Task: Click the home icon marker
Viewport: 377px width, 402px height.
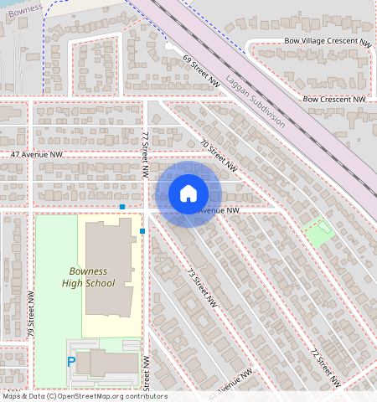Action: tap(188, 193)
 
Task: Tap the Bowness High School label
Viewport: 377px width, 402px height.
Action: tap(88, 277)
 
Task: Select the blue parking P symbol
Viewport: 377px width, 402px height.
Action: tap(71, 362)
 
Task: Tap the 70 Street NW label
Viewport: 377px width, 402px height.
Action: tap(219, 155)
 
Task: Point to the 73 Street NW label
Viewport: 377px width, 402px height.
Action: tap(201, 287)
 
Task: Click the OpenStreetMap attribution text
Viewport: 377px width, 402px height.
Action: tap(84, 396)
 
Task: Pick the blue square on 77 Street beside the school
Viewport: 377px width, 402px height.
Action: tap(142, 230)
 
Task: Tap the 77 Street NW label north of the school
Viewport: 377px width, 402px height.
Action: tap(146, 153)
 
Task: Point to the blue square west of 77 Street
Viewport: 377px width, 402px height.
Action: tap(122, 206)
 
